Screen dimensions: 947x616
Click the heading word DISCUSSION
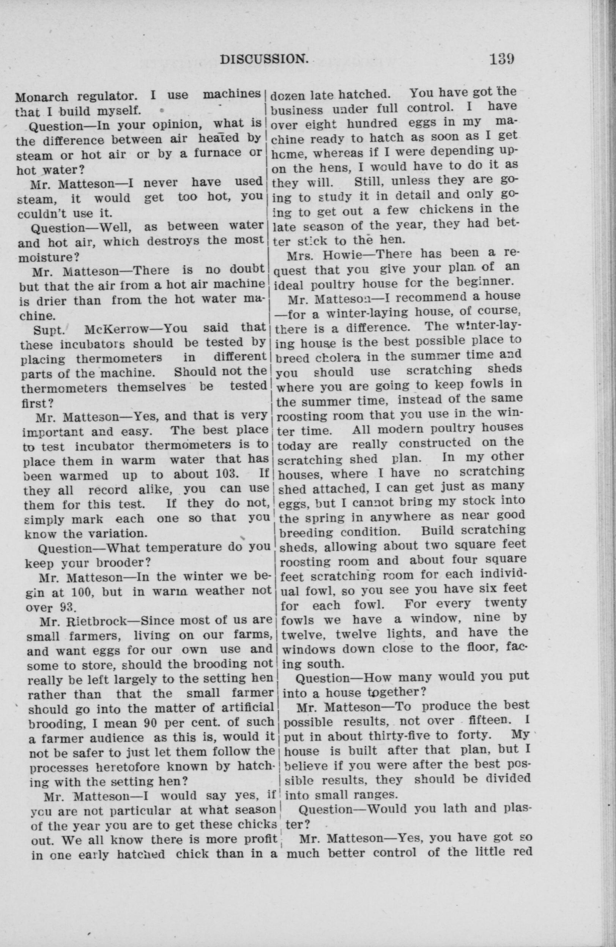264,59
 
